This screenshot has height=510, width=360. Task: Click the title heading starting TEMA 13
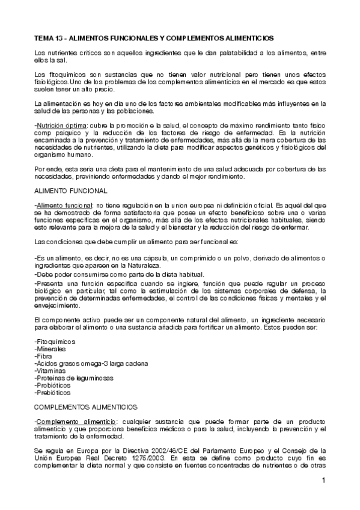154,37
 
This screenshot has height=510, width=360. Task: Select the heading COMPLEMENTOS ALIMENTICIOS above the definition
86,407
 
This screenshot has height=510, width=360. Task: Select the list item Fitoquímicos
55,342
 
